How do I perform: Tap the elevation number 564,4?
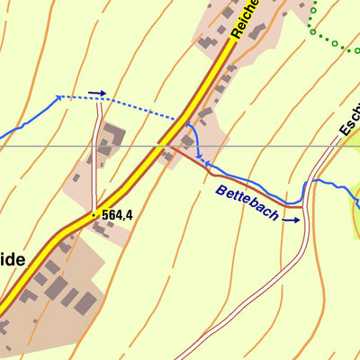coord(118,215)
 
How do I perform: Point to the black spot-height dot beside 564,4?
coord(94,215)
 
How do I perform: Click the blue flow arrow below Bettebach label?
coord(292,219)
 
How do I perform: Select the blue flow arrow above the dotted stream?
coord(97,93)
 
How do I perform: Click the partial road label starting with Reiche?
coord(245,18)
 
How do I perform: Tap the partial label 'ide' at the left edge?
coord(12,258)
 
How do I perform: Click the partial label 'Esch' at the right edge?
coord(348,121)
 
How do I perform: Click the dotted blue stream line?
coord(135,108)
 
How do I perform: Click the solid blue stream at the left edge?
coord(27,121)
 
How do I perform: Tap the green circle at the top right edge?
coord(334,42)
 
